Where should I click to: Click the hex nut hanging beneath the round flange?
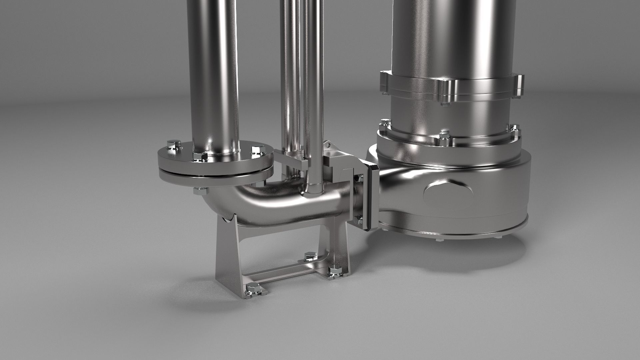[x=200, y=191]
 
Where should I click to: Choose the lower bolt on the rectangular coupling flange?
[x=359, y=219]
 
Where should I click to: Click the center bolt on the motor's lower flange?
[x=444, y=135]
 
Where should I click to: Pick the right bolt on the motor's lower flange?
[x=514, y=128]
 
